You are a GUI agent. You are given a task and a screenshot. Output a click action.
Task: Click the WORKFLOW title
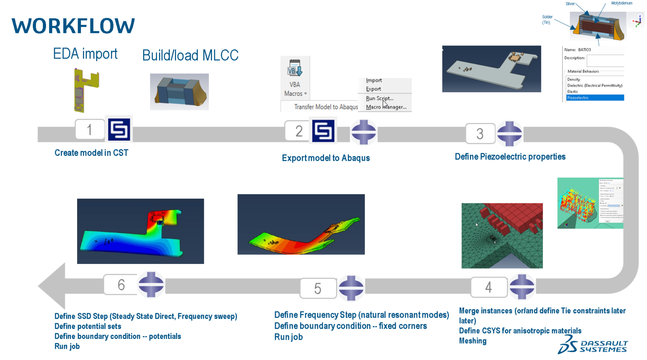point(73,26)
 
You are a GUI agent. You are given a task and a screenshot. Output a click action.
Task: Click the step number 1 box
point(90,130)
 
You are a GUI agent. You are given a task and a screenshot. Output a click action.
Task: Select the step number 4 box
point(489,287)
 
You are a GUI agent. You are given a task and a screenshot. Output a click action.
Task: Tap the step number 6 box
point(121,285)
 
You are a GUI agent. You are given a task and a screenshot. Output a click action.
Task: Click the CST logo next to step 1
point(119,130)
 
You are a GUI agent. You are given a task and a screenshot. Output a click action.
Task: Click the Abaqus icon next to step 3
point(509,133)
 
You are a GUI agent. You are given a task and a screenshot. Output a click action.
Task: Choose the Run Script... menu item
point(380,98)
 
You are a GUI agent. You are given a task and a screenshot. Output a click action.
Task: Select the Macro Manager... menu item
point(386,107)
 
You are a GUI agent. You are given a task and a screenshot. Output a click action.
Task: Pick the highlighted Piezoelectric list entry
point(594,98)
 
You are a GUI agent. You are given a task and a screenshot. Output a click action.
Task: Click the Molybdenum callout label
point(621,3)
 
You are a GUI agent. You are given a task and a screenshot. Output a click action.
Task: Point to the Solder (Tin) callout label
point(547,20)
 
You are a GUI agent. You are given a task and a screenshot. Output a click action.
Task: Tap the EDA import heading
point(85,54)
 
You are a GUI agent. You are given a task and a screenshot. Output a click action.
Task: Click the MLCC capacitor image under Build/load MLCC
point(179,92)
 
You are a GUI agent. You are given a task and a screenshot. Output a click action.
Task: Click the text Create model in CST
point(91,153)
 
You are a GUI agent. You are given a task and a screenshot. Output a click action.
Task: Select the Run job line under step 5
point(289,337)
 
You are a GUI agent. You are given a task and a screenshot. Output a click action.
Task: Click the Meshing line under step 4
point(473,341)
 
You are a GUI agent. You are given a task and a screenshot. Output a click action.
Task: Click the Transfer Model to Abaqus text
point(326,107)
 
